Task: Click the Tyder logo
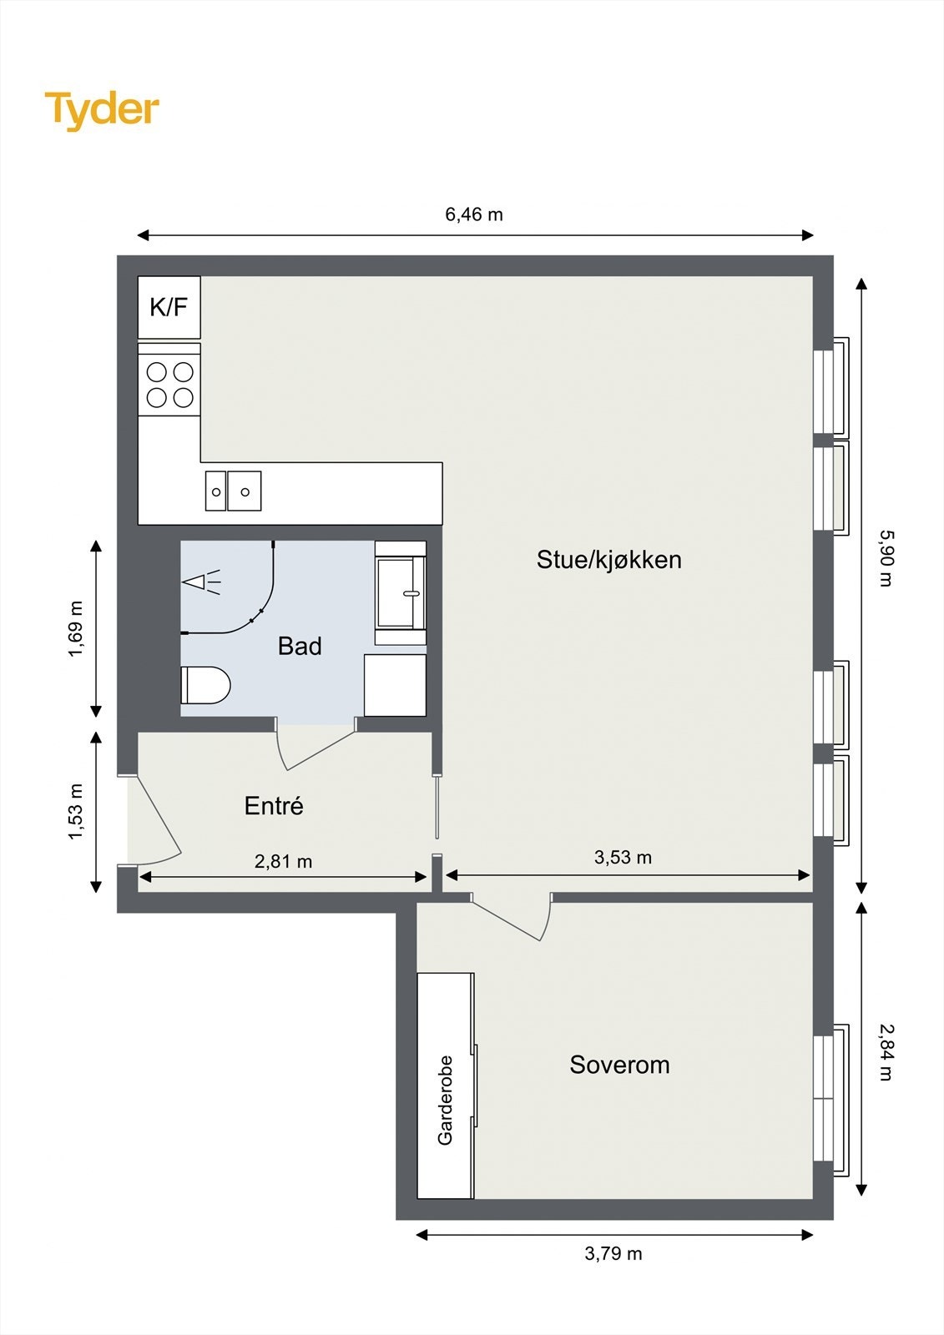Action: pyautogui.click(x=101, y=109)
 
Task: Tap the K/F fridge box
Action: pyautogui.click(x=169, y=307)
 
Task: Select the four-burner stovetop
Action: pyautogui.click(x=169, y=385)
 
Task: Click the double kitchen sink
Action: pyautogui.click(x=234, y=491)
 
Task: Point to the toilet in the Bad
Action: pyautogui.click(x=204, y=685)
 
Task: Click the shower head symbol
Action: pyautogui.click(x=201, y=582)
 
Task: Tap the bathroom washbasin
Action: pyautogui.click(x=400, y=593)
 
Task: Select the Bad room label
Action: pyautogui.click(x=300, y=646)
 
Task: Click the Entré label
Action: pyautogui.click(x=274, y=806)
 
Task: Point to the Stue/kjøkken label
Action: pyautogui.click(x=608, y=560)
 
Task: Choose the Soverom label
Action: pyautogui.click(x=619, y=1065)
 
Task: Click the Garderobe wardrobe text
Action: pyautogui.click(x=445, y=1100)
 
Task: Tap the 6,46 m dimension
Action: pyautogui.click(x=474, y=214)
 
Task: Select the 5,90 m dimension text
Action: pyautogui.click(x=886, y=558)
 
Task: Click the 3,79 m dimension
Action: pyautogui.click(x=613, y=1253)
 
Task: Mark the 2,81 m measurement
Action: pyautogui.click(x=283, y=861)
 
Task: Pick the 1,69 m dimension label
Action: pyautogui.click(x=76, y=628)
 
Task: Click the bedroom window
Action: pyautogui.click(x=824, y=1099)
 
